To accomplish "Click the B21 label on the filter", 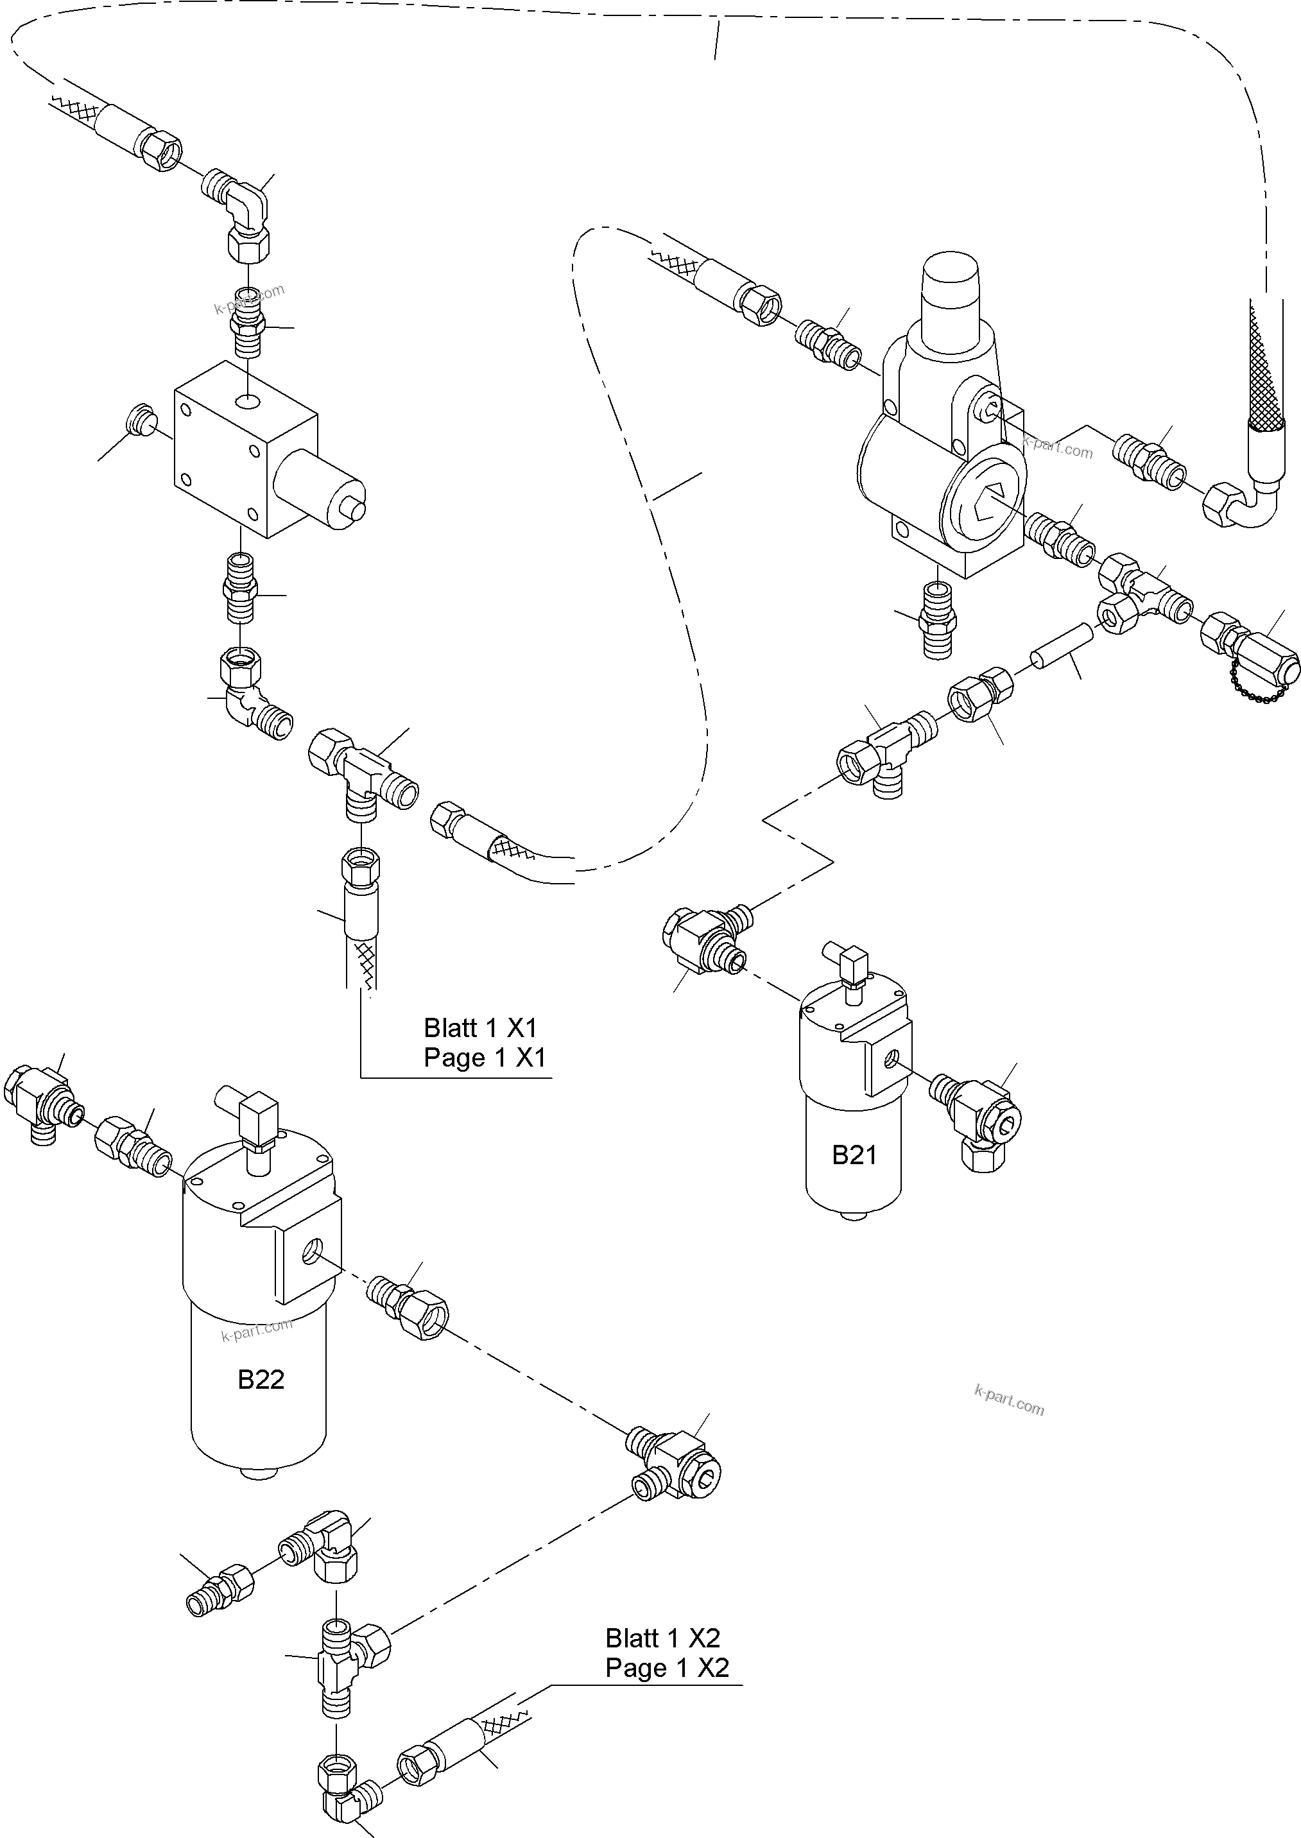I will coord(854,1155).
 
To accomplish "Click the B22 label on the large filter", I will coord(261,1379).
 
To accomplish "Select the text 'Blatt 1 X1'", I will coord(480,1027).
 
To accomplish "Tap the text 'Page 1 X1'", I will coord(485,1058).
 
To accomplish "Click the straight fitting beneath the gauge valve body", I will coord(936,620).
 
